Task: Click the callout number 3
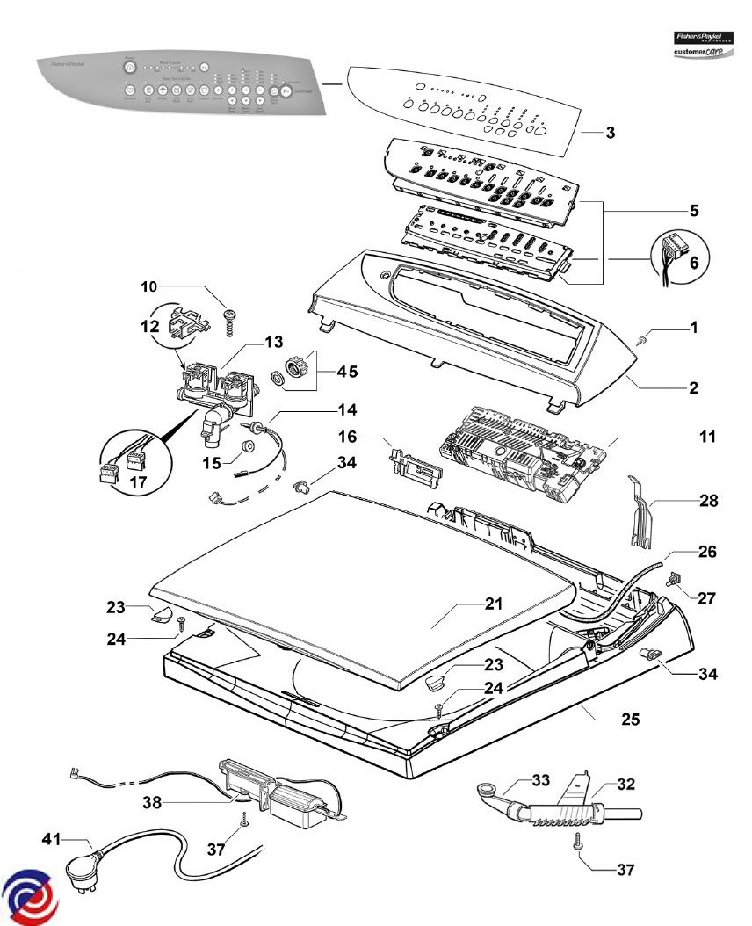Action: click(x=610, y=133)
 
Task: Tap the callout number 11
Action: click(x=707, y=436)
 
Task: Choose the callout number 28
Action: click(x=709, y=501)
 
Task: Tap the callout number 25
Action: click(x=629, y=720)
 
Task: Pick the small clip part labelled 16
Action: click(x=416, y=462)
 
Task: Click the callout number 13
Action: click(x=275, y=341)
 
